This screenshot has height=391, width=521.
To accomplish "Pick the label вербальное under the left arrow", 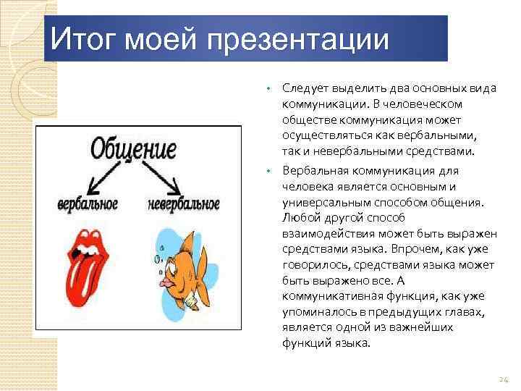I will [x=88, y=204].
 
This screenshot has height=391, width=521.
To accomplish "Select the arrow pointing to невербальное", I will [x=163, y=177].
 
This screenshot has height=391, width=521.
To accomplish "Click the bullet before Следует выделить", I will [x=267, y=88].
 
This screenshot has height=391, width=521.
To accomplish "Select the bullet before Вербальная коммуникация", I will [x=267, y=171].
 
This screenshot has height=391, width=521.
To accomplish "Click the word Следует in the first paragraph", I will [x=302, y=88].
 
